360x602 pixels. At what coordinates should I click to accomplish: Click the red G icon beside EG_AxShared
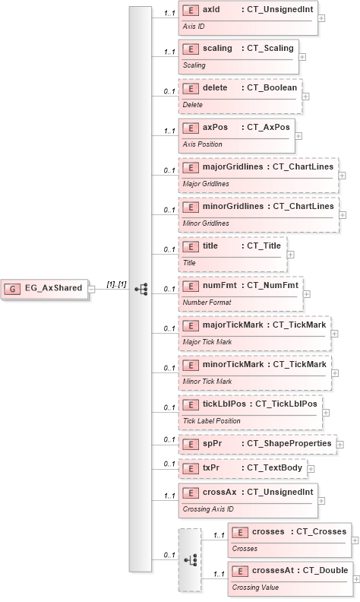point(14,289)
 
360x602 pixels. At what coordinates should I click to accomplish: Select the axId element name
point(211,9)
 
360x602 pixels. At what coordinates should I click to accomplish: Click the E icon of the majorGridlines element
point(190,167)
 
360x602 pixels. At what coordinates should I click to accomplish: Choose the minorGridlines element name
point(232,206)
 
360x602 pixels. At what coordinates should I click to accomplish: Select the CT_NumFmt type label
point(272,285)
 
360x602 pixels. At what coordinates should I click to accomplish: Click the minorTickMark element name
point(233,364)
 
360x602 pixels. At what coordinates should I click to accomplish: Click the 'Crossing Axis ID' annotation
point(208,509)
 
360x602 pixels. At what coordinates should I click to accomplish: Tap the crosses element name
point(267,531)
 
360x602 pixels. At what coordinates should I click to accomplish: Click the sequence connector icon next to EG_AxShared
point(141,289)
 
